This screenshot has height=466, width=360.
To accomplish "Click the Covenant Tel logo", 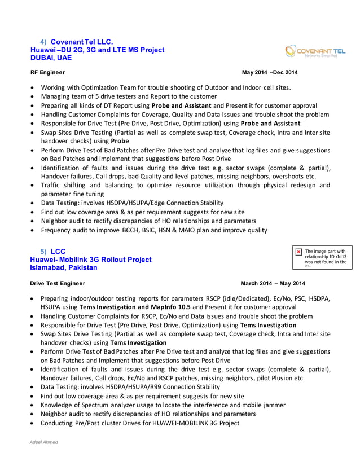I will pyautogui.click(x=315, y=52).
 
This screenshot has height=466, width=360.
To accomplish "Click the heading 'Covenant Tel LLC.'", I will pyautogui.click(x=82, y=42).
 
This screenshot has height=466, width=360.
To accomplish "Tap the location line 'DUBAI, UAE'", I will pyautogui.click(x=51, y=58).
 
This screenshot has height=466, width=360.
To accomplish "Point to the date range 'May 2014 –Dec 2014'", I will pyautogui.click(x=270, y=72).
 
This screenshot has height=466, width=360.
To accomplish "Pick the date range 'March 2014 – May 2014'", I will pyautogui.click(x=273, y=283).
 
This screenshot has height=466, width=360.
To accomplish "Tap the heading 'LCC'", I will pyautogui.click(x=58, y=251).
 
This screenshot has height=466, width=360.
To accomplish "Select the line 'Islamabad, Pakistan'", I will pyautogui.click(x=63, y=267).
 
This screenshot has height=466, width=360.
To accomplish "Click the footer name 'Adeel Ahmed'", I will pyautogui.click(x=44, y=442).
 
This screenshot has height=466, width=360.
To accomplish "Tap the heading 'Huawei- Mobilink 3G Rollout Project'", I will pyautogui.click(x=90, y=260).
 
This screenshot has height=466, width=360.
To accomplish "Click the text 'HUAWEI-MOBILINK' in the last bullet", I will pyautogui.click(x=169, y=423).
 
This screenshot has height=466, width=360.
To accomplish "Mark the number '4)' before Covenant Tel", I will pyautogui.click(x=43, y=42).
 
